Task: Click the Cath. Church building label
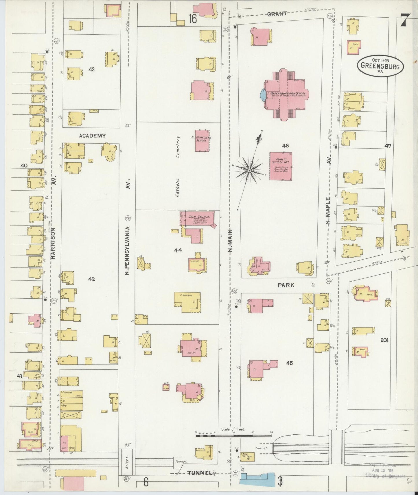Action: coord(197,217)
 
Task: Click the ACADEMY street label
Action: coord(92,135)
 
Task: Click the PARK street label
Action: coord(286,285)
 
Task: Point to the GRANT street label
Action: coord(277,14)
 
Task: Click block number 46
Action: coord(285,146)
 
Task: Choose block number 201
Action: coord(384,340)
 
